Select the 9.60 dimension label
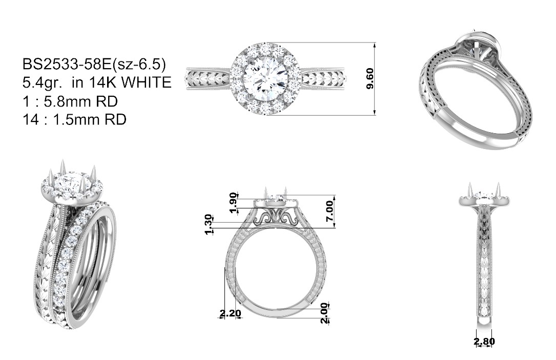(370, 79)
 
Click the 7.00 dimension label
(330, 211)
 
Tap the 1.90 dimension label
(233, 203)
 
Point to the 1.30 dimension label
(209, 224)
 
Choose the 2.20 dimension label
(230, 313)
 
